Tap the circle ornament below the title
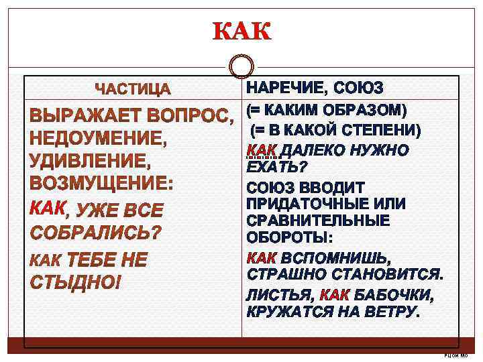pyautogui.click(x=241, y=67)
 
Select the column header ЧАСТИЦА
pyautogui.click(x=133, y=89)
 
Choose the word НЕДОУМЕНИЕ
pyautogui.click(x=97, y=139)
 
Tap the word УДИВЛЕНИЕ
pyautogui.click(x=89, y=162)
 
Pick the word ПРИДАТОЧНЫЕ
pyautogui.click(x=302, y=203)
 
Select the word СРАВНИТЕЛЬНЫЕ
pyautogui.click(x=309, y=221)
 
